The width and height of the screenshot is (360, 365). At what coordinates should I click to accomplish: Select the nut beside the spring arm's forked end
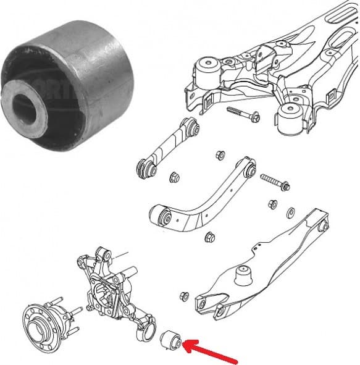point(183,296)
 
